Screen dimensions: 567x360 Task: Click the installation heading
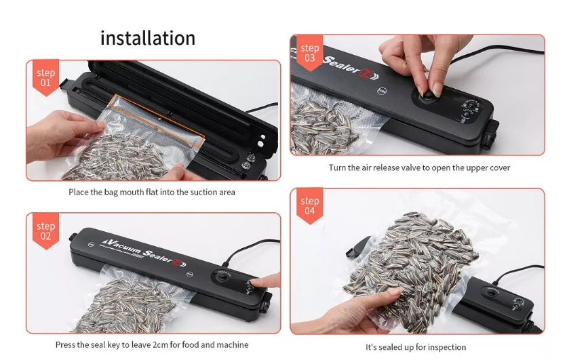(x=148, y=37)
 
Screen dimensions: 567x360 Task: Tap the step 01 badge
(x=45, y=77)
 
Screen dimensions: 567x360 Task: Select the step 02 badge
(x=45, y=231)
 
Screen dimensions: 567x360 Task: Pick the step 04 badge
(x=309, y=206)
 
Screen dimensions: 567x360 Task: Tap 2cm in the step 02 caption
(x=160, y=345)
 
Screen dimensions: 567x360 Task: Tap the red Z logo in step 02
(x=178, y=261)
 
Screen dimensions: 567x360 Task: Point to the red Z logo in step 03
(x=364, y=72)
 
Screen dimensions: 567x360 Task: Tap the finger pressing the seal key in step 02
(x=265, y=281)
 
